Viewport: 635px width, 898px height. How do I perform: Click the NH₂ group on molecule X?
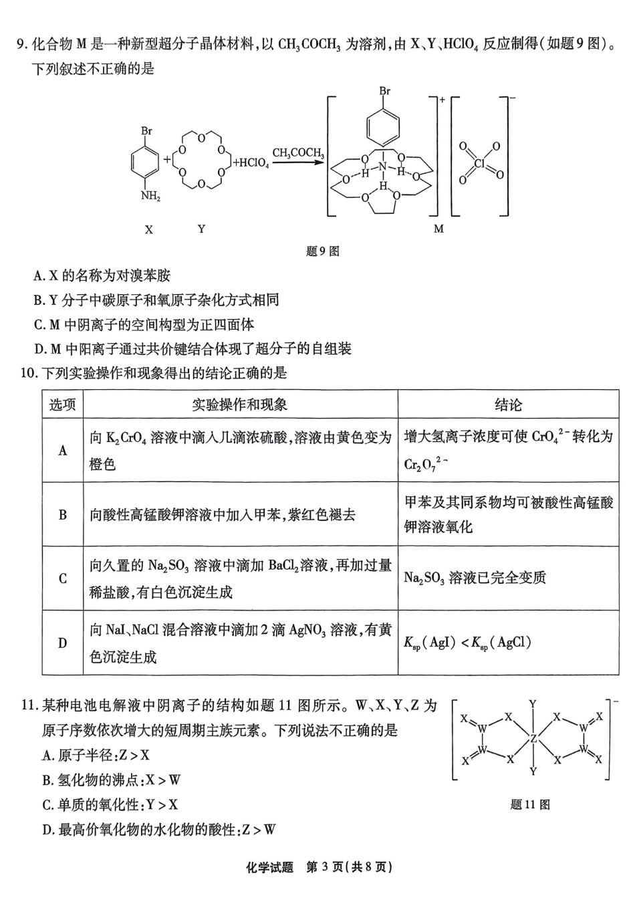point(150,197)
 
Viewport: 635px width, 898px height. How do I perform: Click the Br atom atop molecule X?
point(146,131)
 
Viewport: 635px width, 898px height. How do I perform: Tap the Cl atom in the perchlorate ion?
point(479,162)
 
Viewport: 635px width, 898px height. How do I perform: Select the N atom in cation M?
point(382,166)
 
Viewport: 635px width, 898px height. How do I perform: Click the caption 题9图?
point(322,251)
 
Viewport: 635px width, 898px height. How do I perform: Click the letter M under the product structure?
point(438,229)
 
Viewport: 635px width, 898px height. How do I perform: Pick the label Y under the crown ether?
point(201,229)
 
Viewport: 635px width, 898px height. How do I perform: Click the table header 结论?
point(508,405)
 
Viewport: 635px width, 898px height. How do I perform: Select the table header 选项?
point(62,405)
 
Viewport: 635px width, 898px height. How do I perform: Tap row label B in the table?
point(62,514)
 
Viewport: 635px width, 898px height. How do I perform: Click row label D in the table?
point(62,643)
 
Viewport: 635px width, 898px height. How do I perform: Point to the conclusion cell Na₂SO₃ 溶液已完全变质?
point(475,578)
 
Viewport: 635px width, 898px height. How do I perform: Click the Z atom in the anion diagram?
point(533,739)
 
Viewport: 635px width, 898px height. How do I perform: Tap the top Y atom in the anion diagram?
point(533,704)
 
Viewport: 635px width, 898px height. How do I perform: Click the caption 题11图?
point(530,804)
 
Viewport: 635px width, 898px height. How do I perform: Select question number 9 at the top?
point(21,45)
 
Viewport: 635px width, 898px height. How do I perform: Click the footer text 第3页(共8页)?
point(348,867)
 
